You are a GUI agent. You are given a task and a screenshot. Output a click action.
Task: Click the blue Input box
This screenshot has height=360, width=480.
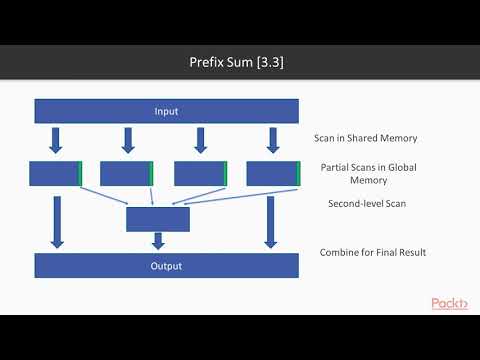tap(166, 111)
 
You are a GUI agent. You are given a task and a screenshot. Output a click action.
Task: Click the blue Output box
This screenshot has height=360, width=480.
tap(166, 266)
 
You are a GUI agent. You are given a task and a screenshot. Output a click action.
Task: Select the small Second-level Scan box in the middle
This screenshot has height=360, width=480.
tap(158, 218)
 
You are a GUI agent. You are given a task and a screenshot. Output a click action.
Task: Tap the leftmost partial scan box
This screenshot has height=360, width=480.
tap(56, 173)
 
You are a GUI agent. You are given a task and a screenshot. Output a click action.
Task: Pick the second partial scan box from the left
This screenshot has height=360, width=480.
tap(127, 173)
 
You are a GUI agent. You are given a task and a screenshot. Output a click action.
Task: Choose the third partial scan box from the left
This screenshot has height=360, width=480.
tap(200, 173)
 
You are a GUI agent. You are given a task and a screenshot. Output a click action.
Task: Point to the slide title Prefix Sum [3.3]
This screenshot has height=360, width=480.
tap(239, 62)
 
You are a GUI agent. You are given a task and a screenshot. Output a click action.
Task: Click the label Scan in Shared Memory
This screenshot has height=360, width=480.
tap(370, 139)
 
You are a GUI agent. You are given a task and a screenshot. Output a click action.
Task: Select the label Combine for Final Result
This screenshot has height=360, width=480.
tap(373, 252)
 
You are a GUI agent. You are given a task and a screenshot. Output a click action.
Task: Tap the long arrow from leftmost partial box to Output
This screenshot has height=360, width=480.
tap(57, 221)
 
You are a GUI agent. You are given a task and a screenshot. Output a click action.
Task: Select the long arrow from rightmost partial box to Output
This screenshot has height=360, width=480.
tap(270, 221)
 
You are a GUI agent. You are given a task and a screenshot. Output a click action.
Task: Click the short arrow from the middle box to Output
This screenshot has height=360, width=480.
tap(158, 241)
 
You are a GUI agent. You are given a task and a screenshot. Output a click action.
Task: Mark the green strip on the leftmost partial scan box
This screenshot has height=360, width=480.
tap(80, 173)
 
